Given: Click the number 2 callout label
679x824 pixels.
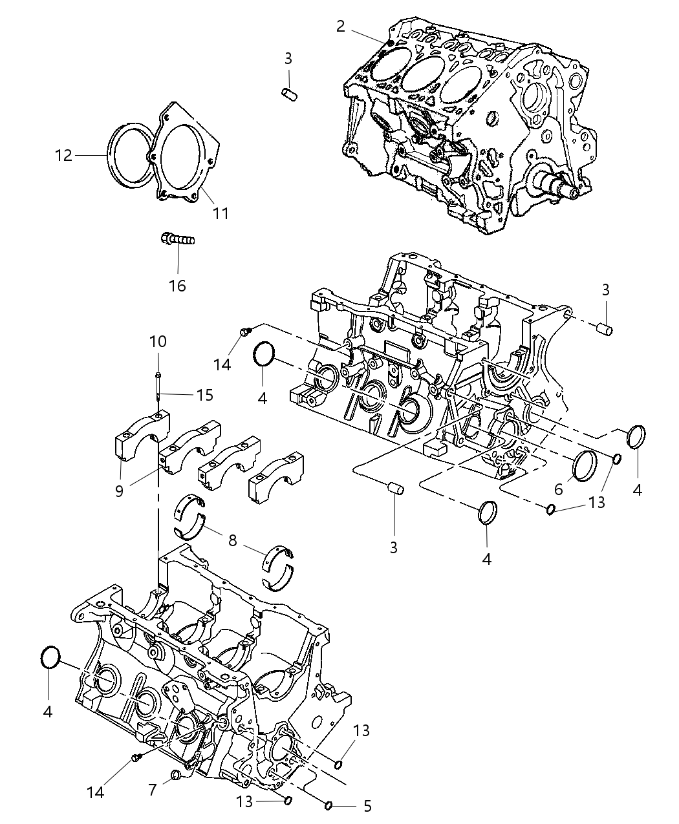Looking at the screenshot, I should pyautogui.click(x=340, y=26).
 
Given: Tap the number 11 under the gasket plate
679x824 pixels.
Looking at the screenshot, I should pyautogui.click(x=221, y=213).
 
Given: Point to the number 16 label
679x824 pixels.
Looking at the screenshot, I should pyautogui.click(x=177, y=285).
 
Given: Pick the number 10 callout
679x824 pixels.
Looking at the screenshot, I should pyautogui.click(x=158, y=341).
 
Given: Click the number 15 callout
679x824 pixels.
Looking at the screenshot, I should pyautogui.click(x=204, y=395).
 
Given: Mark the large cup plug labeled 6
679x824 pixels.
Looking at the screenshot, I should pyautogui.click(x=585, y=465).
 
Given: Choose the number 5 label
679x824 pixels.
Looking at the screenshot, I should pyautogui.click(x=367, y=806).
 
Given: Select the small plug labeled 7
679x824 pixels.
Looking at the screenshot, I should pyautogui.click(x=175, y=775).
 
